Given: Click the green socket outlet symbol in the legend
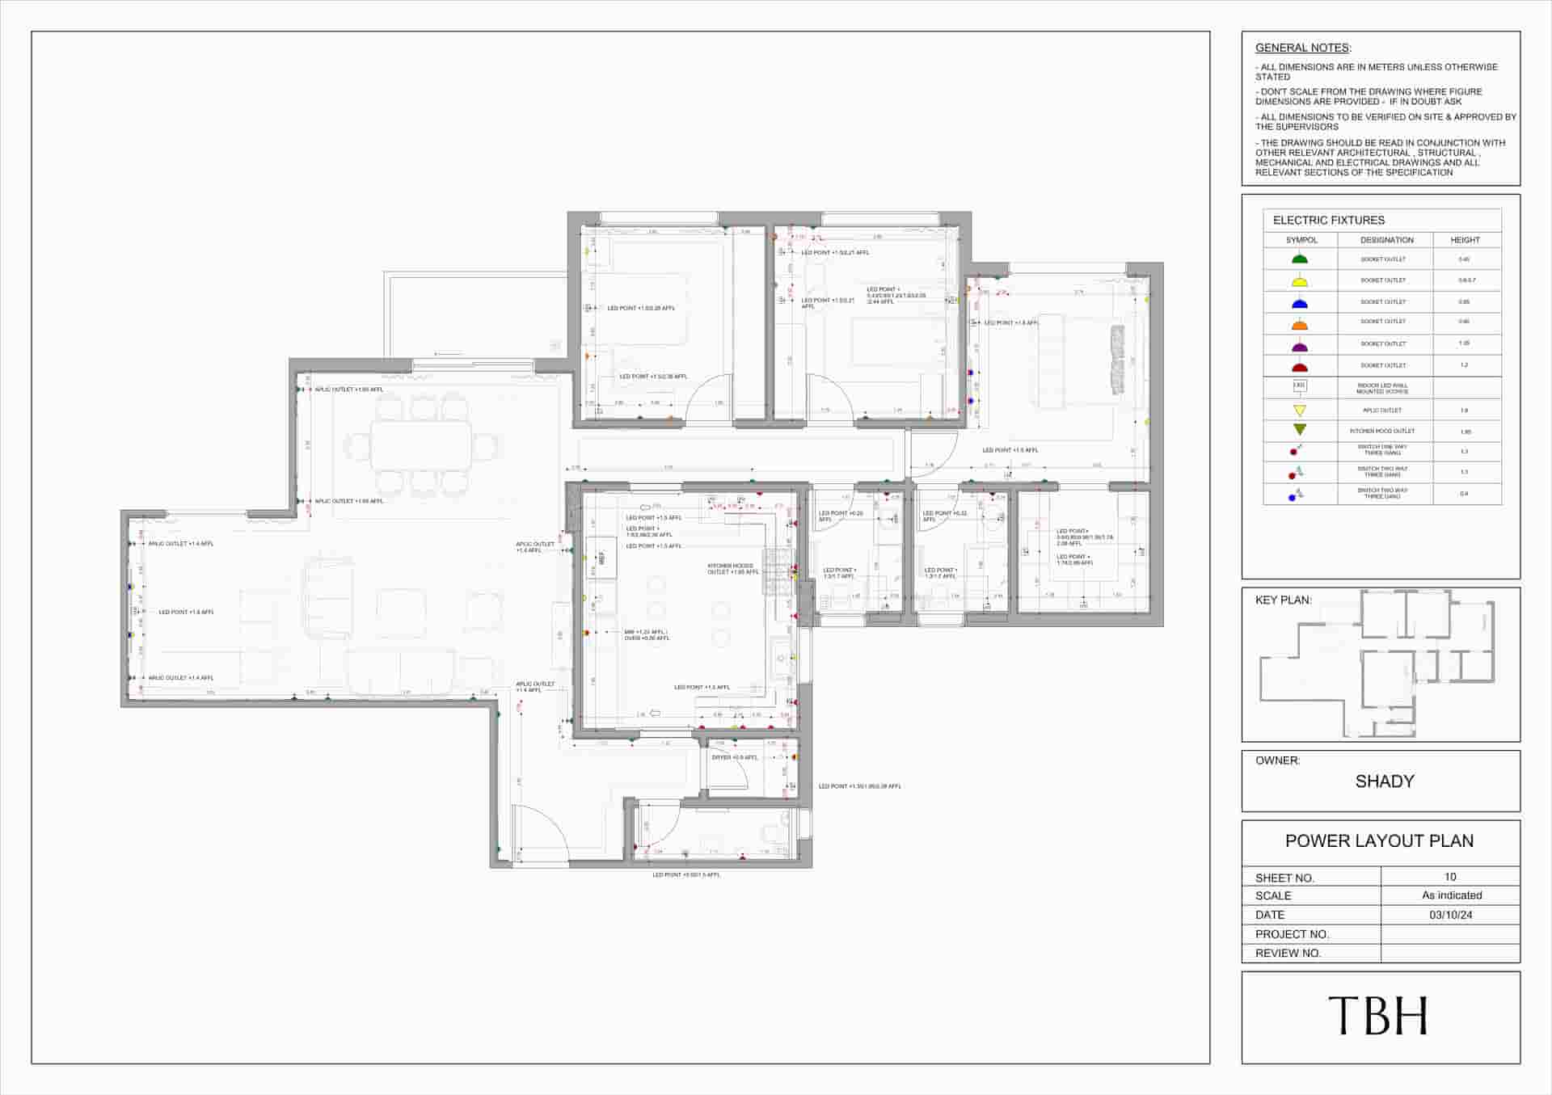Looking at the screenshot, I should coord(1299,259).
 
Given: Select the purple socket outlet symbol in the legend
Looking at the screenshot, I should coord(1299,346).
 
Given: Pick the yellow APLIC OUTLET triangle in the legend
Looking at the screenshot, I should coord(1299,411).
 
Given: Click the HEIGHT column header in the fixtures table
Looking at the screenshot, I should coord(1465,240).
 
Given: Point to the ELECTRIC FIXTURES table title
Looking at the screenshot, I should coord(1328,220).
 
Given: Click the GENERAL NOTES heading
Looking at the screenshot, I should coord(1301,48).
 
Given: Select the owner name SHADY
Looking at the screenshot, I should coord(1384,781).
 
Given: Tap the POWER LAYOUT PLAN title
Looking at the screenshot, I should coord(1379,840).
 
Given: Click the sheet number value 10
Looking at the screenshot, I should coord(1450,876).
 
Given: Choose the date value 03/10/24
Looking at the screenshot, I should coord(1450,915).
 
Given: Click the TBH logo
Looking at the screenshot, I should coord(1378,1016).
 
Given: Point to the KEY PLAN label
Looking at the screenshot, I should coord(1283,600).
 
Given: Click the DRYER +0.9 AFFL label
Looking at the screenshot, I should coord(734,757).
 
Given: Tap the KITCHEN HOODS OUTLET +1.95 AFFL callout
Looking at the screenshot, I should coord(732,569).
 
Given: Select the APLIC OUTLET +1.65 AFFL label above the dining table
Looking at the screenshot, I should coord(348,390).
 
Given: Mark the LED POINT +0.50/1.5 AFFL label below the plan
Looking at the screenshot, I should coord(685,874).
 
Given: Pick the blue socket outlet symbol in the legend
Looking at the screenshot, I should coord(1299,302).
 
